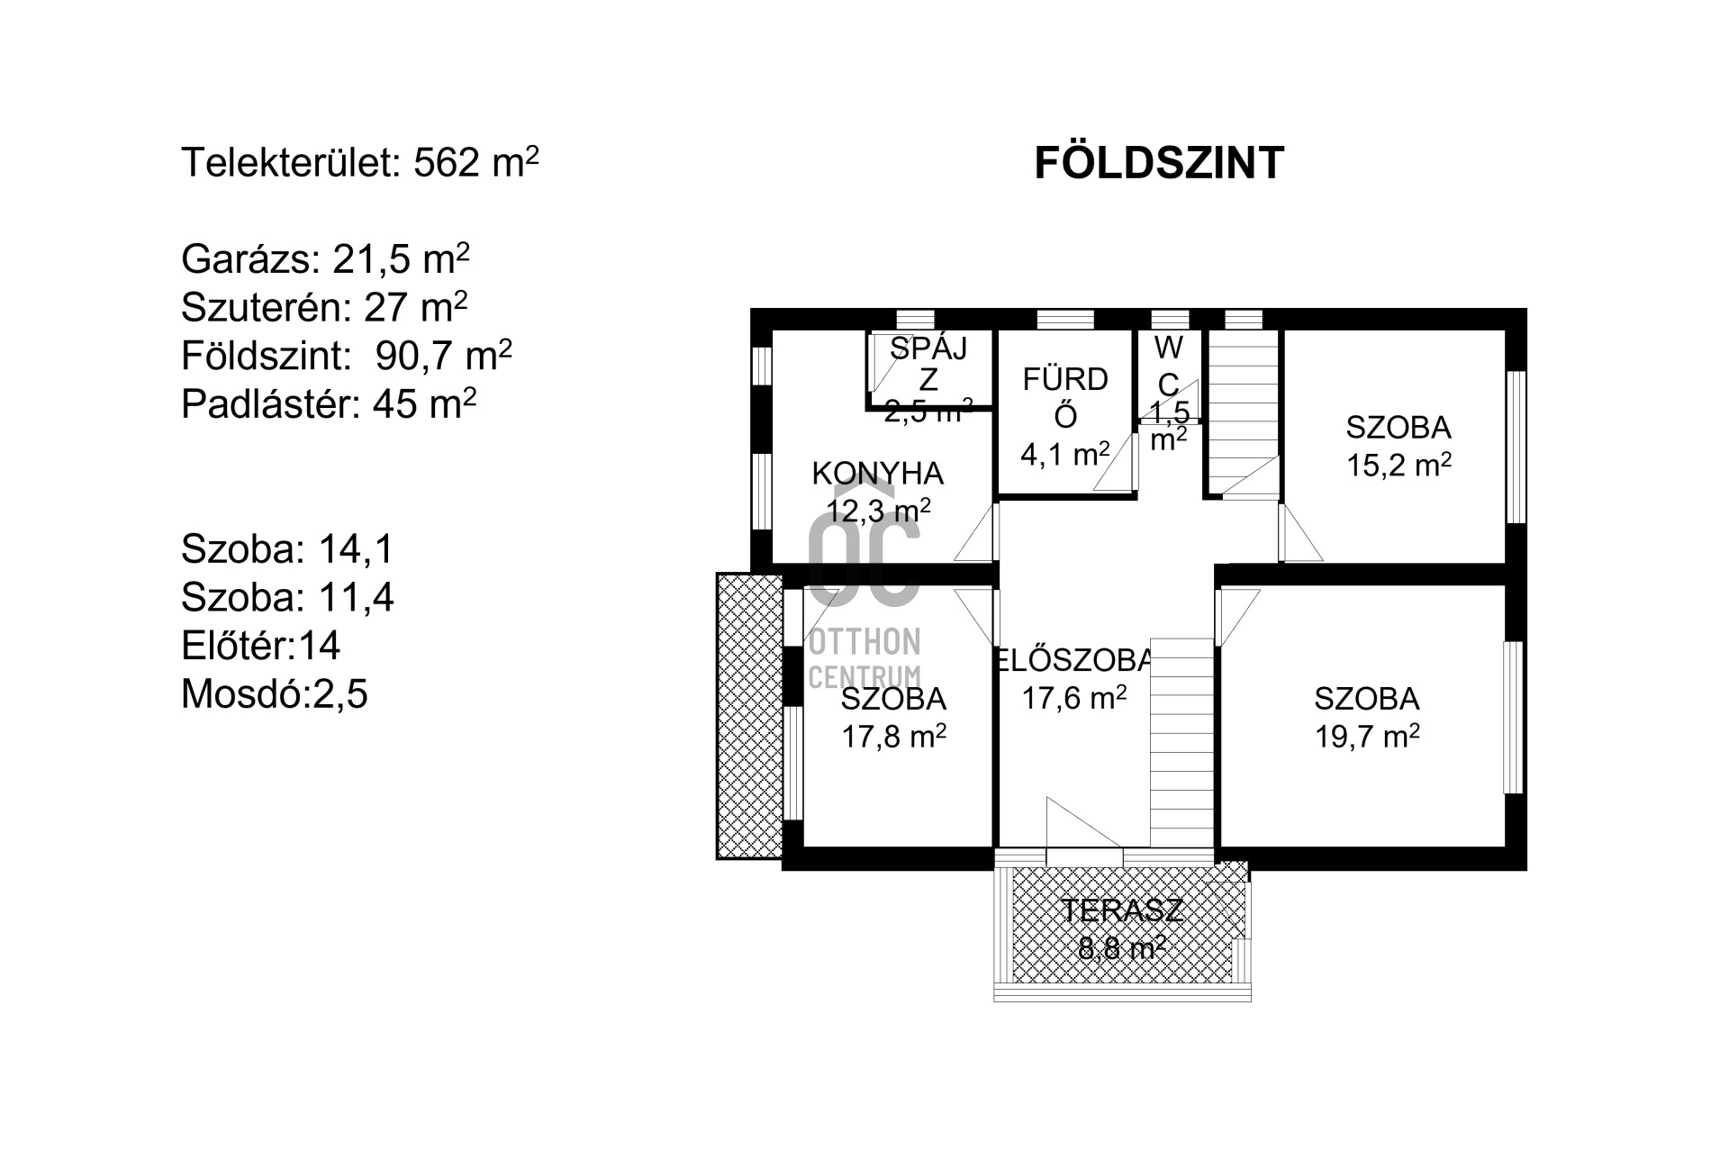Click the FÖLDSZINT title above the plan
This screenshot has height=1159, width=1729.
(1158, 164)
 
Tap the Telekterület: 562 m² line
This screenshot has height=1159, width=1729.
(360, 163)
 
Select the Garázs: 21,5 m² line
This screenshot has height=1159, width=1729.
(325, 259)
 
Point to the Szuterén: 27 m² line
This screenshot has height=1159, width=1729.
(324, 307)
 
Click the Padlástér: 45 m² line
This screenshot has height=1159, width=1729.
(329, 404)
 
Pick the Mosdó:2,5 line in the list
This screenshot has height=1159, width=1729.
(275, 694)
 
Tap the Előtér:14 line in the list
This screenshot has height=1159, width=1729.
(261, 646)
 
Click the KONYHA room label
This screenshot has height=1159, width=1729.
(878, 474)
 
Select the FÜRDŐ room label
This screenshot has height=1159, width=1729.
(1065, 397)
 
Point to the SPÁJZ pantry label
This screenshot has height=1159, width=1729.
(928, 363)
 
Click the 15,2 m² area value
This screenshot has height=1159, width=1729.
(1399, 465)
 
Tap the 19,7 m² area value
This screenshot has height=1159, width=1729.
(1367, 737)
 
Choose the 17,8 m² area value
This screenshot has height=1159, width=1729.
(893, 737)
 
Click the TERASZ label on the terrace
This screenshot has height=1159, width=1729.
(1122, 910)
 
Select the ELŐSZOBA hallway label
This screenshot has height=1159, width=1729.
(1073, 660)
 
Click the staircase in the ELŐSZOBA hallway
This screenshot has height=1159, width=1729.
(1181, 743)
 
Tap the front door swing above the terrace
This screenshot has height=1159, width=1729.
(1084, 822)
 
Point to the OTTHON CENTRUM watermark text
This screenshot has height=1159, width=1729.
(864, 658)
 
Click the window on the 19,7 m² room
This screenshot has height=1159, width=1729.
(1515, 717)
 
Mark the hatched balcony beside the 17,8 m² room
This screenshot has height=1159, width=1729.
(749, 716)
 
